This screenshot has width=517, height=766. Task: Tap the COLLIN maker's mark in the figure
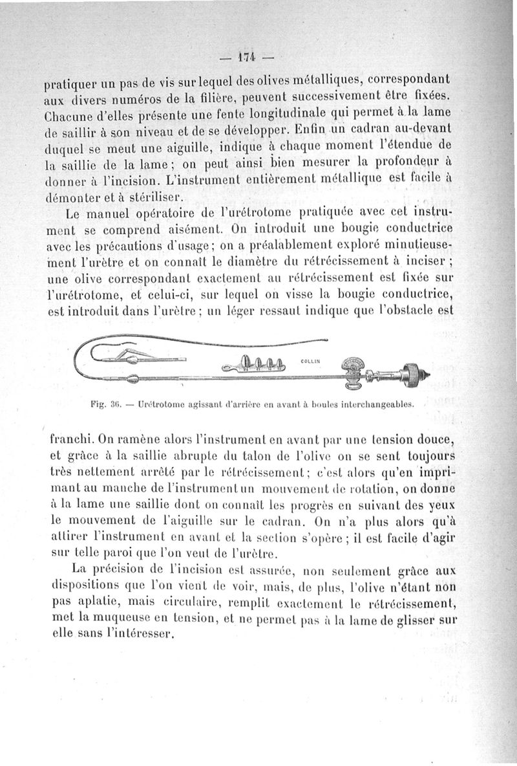(311, 361)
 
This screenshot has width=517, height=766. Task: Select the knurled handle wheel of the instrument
(410, 373)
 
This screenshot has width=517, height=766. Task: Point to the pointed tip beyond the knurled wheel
(427, 373)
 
